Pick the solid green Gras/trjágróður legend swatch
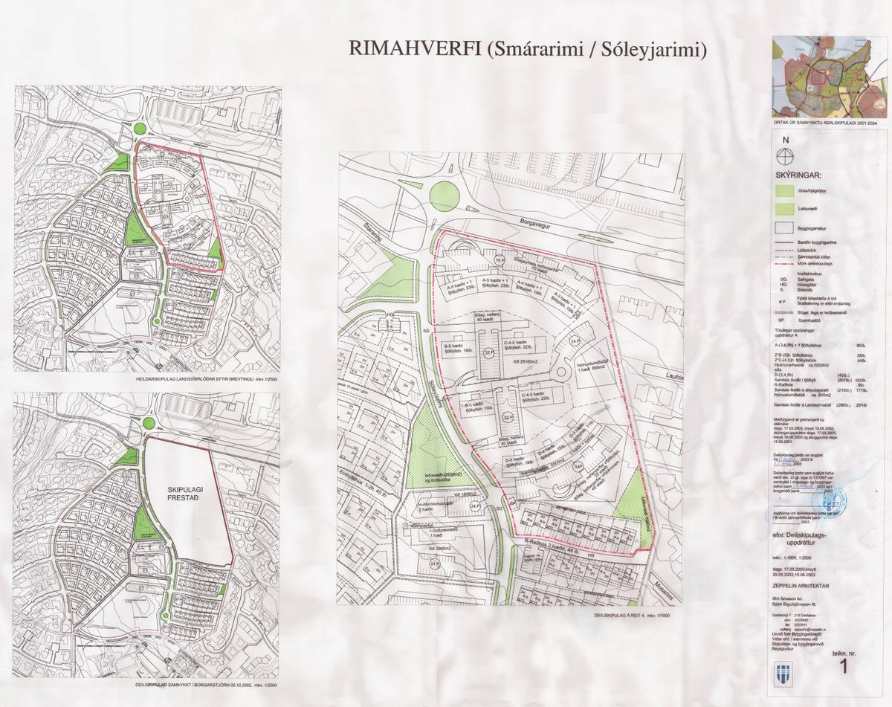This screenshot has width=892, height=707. pos(785,190)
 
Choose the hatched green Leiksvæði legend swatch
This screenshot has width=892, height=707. pos(785,208)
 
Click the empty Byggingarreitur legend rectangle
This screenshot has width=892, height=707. pos(785,227)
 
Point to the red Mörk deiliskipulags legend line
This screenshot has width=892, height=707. pos(785,264)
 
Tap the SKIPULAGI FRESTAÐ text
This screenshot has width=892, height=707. pos(186,497)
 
